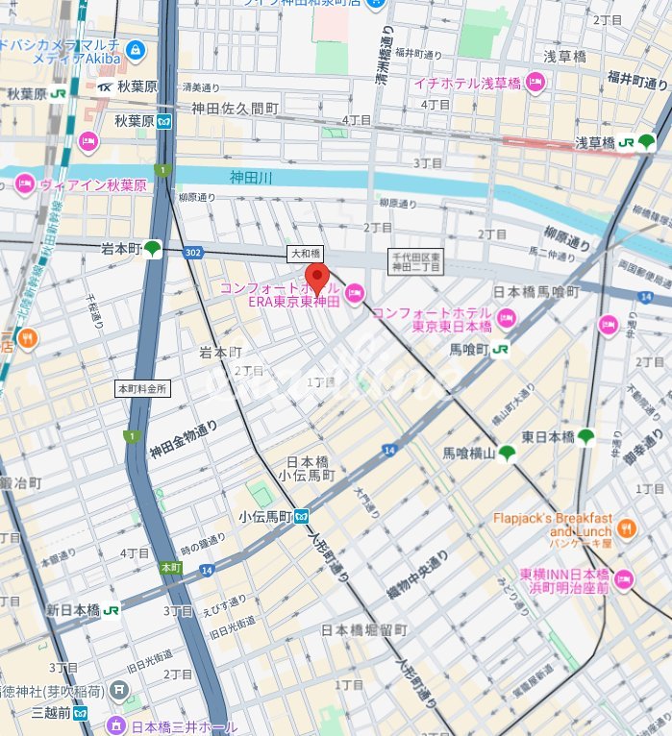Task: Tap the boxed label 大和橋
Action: pos(301,254)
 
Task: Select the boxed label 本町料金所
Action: pos(142,389)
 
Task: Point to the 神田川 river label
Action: pos(252,177)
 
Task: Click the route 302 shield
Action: pos(193,253)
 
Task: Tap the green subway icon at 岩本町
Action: pos(152,249)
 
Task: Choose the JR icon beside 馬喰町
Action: pos(500,351)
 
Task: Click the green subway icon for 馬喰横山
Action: pos(507,453)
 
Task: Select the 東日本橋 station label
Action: pos(548,437)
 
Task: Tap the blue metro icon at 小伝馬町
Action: pos(301,516)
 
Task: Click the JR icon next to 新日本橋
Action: pos(112,610)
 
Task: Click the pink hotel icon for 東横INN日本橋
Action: pos(624,578)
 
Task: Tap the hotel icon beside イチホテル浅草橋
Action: pos(535,83)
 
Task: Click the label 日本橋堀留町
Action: pos(364,630)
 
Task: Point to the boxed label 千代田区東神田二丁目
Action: pos(415,261)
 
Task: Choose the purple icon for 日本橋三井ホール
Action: pos(117,724)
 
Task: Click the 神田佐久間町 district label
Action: pos(235,109)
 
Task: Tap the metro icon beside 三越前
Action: pos(82,713)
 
